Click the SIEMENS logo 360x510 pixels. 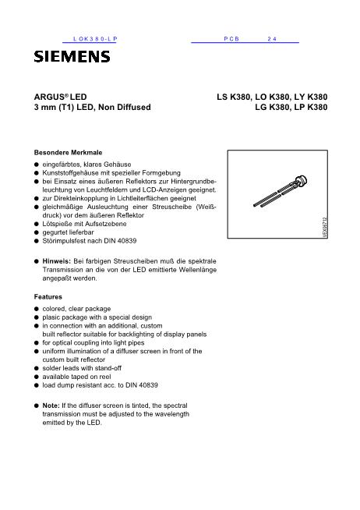(x=71, y=55)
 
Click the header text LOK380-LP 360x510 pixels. (x=93, y=37)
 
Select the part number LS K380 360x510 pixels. (x=237, y=97)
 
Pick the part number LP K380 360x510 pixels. (x=309, y=108)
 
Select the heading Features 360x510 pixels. (x=49, y=297)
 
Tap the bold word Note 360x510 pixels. (x=51, y=406)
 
